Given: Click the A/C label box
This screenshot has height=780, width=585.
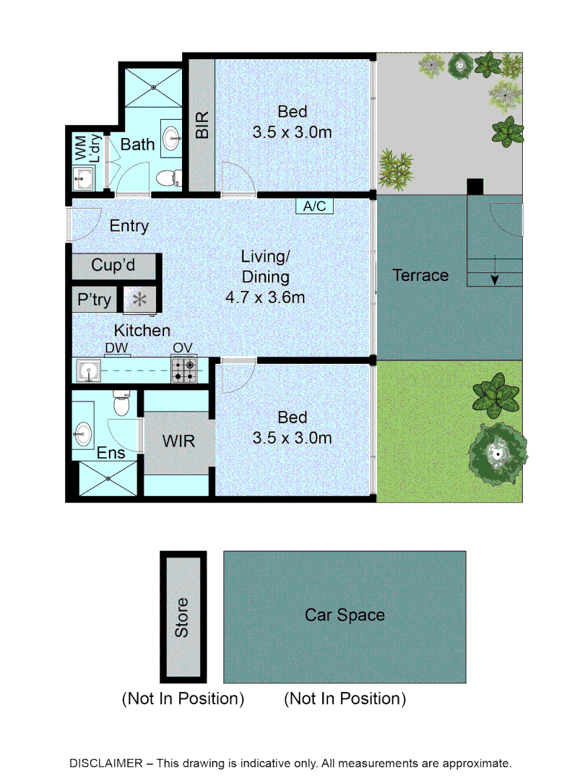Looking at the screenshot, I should (314, 207).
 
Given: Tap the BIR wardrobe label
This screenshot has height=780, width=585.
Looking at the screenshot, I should (202, 124).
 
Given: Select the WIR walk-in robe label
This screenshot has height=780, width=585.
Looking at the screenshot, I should (178, 440).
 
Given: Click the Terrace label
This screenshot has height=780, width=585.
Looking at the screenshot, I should (420, 275).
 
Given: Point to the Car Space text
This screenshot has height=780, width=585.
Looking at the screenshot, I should (344, 615).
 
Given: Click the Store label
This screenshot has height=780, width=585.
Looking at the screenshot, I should (182, 617).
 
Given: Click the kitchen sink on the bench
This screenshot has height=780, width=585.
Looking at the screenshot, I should (89, 371).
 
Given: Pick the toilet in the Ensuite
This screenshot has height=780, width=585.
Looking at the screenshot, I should (121, 405).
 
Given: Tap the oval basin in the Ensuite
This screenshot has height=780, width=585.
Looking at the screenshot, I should (82, 434).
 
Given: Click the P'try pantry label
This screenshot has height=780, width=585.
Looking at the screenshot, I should (93, 299).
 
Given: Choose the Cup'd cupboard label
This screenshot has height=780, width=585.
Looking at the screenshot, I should (113, 265).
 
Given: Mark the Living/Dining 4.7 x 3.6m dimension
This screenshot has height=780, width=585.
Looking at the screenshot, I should (265, 297).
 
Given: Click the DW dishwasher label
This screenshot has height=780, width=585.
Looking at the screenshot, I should (116, 348).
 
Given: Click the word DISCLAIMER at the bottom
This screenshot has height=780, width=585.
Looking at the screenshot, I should (103, 763).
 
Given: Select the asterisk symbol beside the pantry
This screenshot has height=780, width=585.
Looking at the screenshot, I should (139, 299).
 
